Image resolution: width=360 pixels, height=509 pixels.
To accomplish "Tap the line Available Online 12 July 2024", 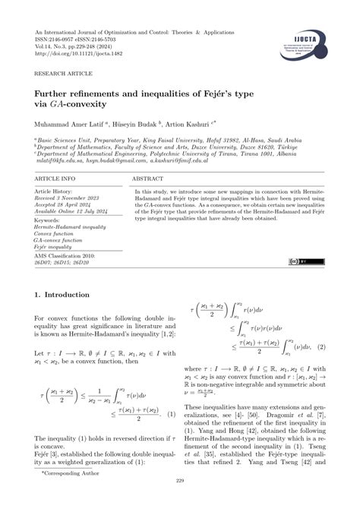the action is (x=70, y=212).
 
